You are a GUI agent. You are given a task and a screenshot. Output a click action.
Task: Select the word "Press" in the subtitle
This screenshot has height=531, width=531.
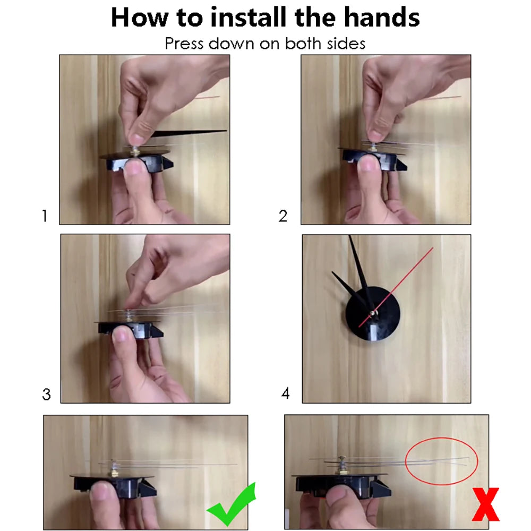[x=184, y=44]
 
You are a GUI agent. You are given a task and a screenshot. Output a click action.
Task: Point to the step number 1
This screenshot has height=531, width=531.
[x=45, y=216]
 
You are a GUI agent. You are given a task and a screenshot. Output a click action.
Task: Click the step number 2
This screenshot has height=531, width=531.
[x=283, y=216]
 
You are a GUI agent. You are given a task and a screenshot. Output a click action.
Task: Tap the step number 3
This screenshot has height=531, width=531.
[x=46, y=394]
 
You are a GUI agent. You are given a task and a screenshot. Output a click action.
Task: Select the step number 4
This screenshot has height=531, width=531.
[x=286, y=393]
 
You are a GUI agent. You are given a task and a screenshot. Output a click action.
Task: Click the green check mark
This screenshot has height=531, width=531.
[x=232, y=505]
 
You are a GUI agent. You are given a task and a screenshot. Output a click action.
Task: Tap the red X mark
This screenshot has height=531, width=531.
[x=486, y=504]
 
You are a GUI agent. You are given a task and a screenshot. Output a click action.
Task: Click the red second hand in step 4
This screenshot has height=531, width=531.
[x=396, y=287]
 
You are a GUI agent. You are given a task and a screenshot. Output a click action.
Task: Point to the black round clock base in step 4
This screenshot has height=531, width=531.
[x=373, y=314]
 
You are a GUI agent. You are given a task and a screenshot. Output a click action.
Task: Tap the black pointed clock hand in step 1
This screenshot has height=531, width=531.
[x=187, y=133]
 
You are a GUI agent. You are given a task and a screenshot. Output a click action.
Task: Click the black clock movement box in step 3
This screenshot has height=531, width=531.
[x=131, y=330]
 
